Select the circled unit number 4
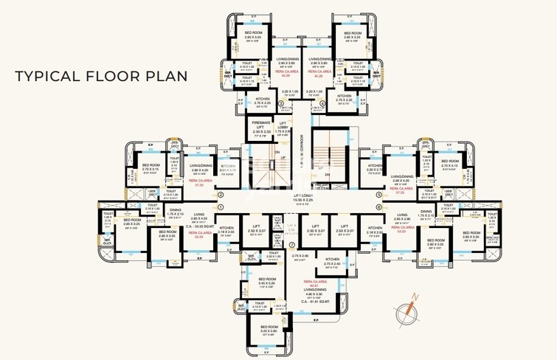click(x=322, y=103)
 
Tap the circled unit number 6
click(x=378, y=208)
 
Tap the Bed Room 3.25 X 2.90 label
click(x=269, y=329)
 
